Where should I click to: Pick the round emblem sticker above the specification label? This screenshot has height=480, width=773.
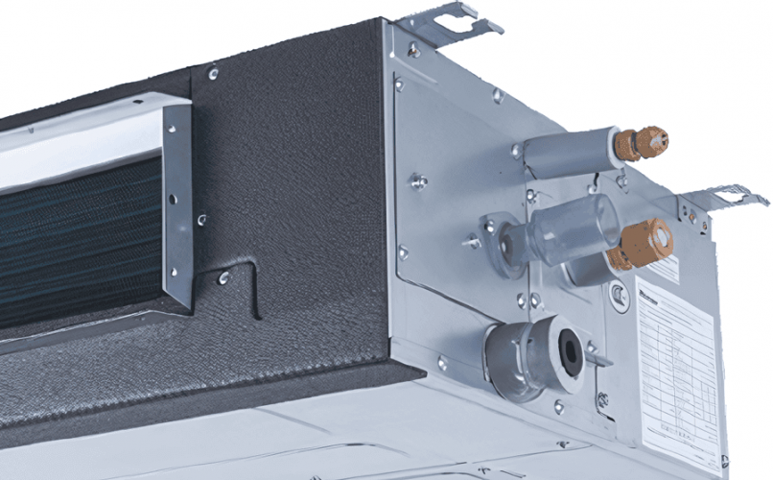pyautogui.click(x=620, y=300)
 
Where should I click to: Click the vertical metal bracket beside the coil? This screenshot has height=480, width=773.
pyautogui.click(x=177, y=202)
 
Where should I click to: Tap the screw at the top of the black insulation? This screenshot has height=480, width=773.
pyautogui.click(x=213, y=73)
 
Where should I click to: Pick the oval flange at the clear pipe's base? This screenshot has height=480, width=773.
pyautogui.click(x=499, y=240)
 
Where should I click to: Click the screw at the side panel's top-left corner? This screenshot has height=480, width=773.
pyautogui.click(x=413, y=49)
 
